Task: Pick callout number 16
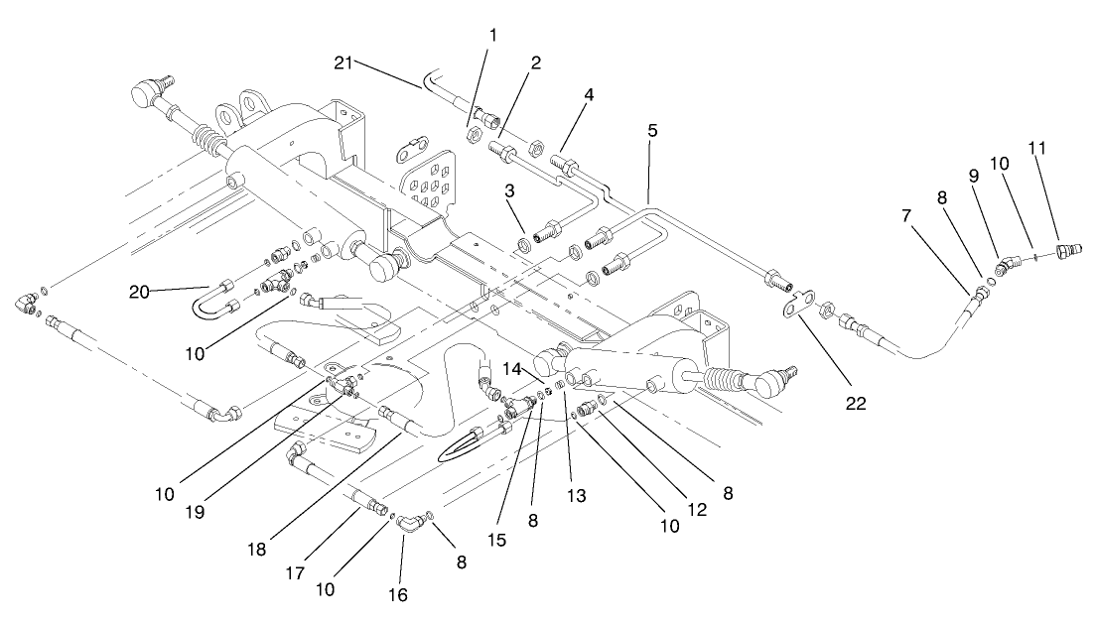tap(399, 594)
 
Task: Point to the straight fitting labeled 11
tap(1066, 248)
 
